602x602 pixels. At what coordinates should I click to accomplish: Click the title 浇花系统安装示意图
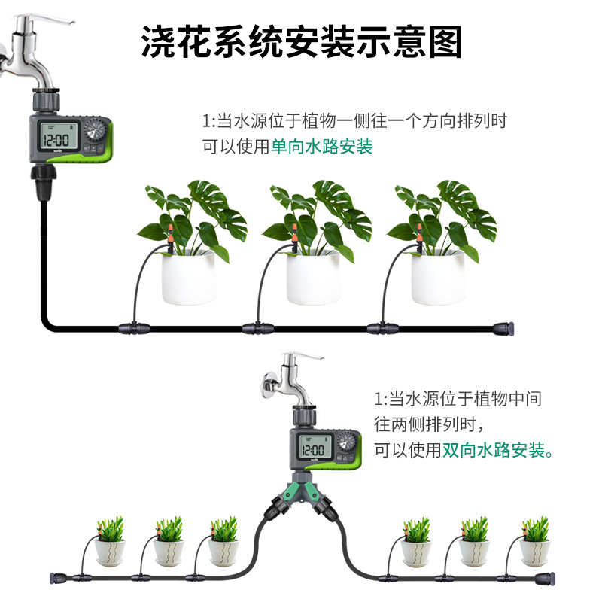click(x=301, y=43)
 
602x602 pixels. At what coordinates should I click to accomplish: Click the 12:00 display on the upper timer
click(x=56, y=139)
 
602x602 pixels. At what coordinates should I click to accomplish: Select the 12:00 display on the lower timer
click(x=312, y=449)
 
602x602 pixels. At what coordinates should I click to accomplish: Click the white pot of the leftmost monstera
click(x=189, y=277)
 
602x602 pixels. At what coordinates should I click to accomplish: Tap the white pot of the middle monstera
click(x=313, y=277)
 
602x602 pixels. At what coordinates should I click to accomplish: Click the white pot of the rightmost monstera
click(x=438, y=277)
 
